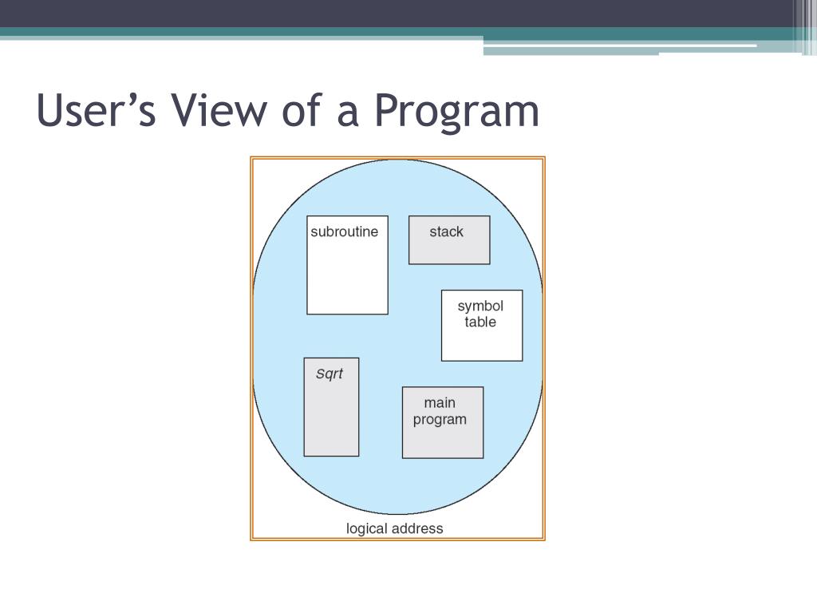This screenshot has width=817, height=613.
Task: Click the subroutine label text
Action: [344, 232]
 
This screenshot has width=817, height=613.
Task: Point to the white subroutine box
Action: [347, 275]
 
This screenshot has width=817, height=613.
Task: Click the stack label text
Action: [446, 232]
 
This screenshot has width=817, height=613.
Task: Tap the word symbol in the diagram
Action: [480, 306]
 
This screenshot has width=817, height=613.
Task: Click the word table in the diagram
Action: [480, 322]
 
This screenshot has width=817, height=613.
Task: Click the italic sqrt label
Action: [330, 374]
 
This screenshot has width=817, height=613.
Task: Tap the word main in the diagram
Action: [440, 403]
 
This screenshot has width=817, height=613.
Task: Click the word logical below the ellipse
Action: [367, 528]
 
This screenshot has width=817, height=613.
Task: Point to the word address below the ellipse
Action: [417, 528]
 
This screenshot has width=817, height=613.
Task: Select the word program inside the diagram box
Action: [440, 421]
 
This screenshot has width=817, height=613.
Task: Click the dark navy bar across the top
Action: [399, 13]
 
